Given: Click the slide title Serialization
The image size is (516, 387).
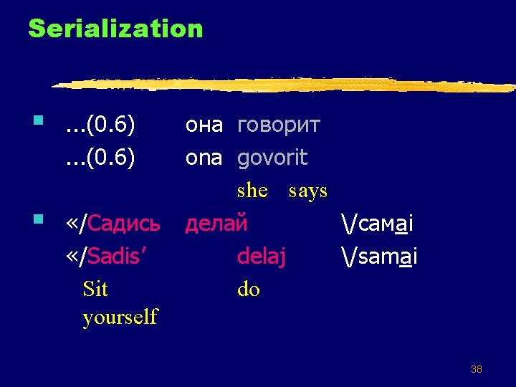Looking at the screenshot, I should [115, 29].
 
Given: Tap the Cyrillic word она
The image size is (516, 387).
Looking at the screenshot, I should [204, 126].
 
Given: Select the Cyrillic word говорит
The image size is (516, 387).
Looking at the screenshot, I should [279, 126].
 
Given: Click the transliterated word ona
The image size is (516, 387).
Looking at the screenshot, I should [204, 158].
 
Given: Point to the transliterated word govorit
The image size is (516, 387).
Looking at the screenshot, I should [272, 158].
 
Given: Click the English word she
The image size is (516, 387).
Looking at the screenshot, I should [252, 191].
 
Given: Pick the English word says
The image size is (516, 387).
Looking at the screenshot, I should [307, 191].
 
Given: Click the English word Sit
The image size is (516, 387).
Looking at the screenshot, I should [95, 289].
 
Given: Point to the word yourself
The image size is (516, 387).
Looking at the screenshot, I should [120, 317].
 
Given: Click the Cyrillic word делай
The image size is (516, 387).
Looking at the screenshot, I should [216, 224].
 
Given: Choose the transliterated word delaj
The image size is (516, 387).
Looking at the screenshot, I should [261, 256].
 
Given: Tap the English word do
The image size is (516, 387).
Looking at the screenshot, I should [248, 289].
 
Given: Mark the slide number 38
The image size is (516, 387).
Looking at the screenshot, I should [476, 370].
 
